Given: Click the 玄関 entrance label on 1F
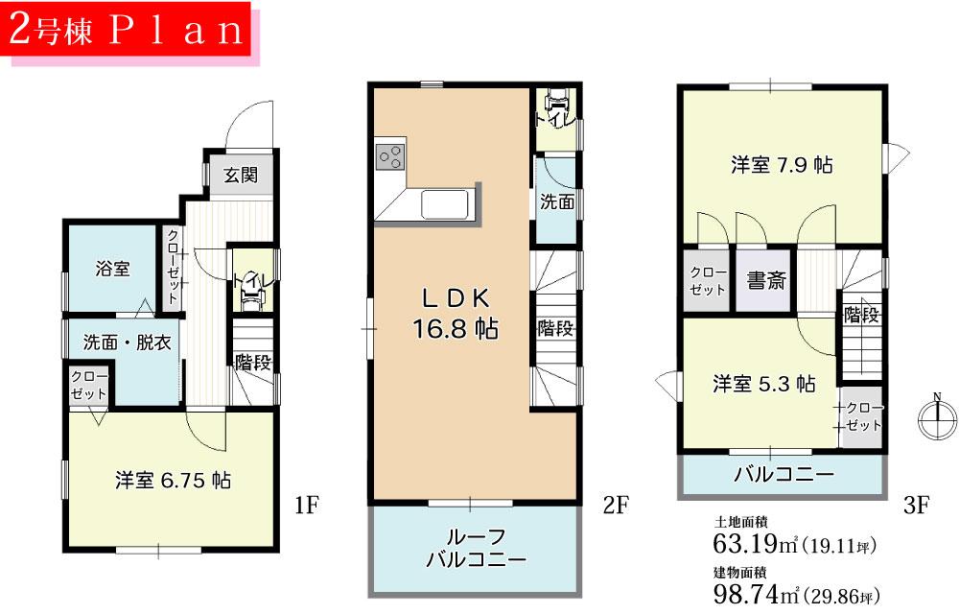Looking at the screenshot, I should click(x=242, y=176).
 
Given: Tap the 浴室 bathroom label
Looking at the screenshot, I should click(x=112, y=269).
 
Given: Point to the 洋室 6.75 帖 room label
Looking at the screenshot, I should click(x=173, y=480).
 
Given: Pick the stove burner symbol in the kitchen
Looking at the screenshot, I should click(x=391, y=155).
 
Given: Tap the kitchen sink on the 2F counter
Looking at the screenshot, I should click(x=444, y=205).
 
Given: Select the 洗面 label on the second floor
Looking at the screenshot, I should click(x=557, y=202).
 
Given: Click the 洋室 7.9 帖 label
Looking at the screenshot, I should click(x=782, y=165).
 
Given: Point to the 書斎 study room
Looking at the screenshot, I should click(x=766, y=281).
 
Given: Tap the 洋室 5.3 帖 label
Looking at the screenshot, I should click(x=763, y=384).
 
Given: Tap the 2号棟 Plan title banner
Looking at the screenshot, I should click(x=129, y=31).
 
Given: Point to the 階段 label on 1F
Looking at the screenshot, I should click(x=252, y=363).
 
